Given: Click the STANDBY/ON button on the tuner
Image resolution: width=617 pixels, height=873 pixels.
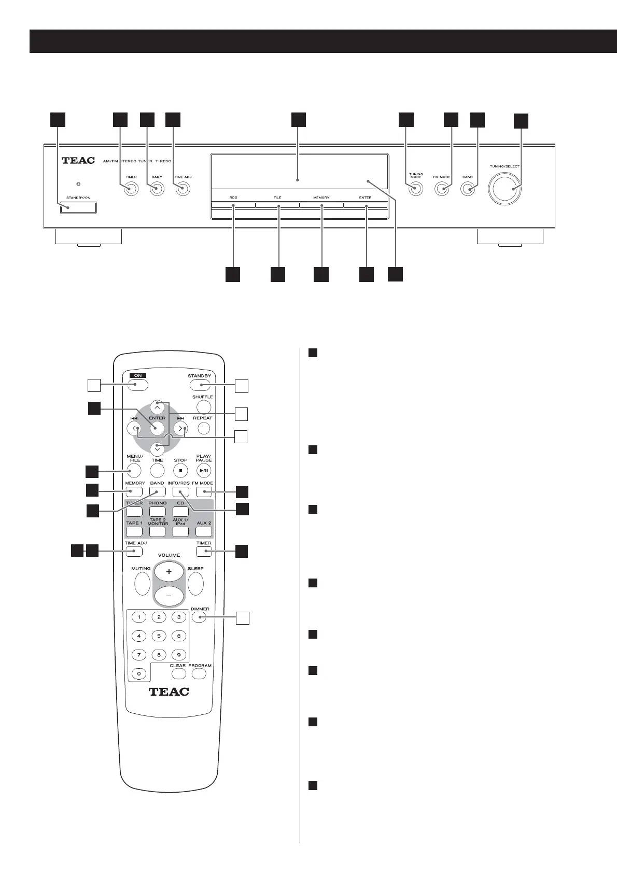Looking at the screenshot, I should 78,208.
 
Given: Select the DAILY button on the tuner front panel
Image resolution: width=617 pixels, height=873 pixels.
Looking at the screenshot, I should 157,189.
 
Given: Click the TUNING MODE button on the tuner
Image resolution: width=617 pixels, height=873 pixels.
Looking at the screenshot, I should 415,189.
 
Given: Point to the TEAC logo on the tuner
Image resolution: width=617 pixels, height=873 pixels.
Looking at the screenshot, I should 78,161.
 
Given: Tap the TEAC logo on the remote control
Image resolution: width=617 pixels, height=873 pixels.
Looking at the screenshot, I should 169,691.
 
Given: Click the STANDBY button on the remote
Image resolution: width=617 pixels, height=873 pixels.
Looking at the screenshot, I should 200,385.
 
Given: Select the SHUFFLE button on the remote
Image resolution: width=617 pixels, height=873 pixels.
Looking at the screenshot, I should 204,407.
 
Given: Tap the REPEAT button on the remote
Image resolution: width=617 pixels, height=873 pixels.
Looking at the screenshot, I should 204,428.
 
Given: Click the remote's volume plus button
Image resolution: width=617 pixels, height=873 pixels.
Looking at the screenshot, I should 169,572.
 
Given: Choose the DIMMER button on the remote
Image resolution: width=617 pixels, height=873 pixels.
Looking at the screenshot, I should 200,617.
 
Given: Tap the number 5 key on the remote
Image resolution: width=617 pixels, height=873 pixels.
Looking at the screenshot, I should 159,636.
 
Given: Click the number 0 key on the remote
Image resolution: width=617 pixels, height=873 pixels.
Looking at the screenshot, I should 138,673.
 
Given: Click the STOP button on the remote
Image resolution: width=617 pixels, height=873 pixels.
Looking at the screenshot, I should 180,470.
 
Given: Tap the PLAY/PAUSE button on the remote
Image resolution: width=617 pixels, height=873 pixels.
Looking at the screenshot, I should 204,470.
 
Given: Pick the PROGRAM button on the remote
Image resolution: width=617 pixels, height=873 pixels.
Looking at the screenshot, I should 199,673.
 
